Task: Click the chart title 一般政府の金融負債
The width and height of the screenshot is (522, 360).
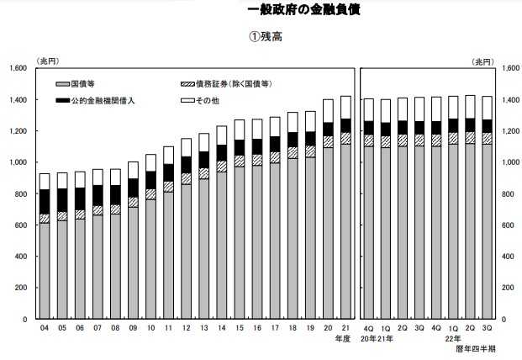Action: coord(304,10)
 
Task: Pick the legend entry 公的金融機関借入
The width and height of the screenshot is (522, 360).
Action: coord(94,100)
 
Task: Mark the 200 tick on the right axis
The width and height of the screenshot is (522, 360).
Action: coord(504,289)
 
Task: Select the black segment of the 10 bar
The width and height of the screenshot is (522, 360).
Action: coord(150,180)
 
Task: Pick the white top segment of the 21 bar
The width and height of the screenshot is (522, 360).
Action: coord(345,107)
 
